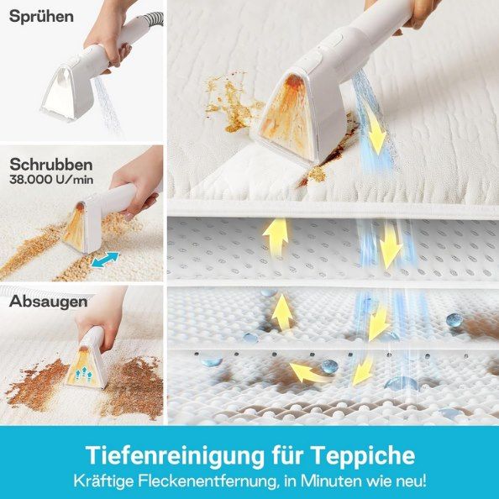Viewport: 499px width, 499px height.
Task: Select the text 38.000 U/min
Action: [50, 179]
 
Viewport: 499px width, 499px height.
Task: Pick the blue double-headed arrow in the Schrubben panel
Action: [105, 261]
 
